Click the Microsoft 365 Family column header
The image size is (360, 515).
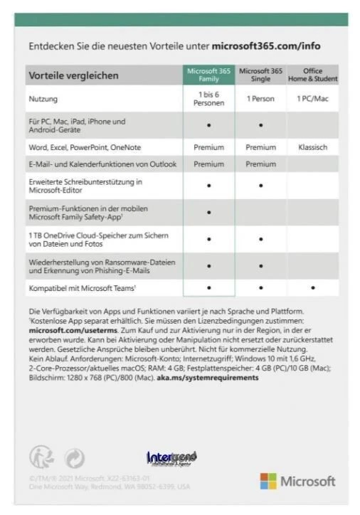(208, 75)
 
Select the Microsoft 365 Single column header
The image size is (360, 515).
(260, 75)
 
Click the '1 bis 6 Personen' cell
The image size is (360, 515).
(208, 99)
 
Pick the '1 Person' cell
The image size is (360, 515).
(260, 99)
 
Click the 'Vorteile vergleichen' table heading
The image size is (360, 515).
(73, 75)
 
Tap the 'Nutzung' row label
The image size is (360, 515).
(43, 99)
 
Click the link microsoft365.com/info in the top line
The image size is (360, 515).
(266, 46)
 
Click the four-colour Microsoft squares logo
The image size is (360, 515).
(268, 481)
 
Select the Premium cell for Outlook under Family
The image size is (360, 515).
(208, 164)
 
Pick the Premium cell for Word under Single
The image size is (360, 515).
(260, 147)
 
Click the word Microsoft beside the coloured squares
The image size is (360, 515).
(307, 482)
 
